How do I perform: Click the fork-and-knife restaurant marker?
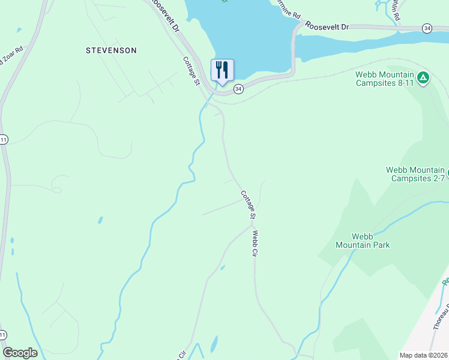click(x=222, y=71)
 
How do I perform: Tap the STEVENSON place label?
click(x=111, y=50)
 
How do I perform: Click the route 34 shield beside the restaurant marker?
click(x=238, y=89)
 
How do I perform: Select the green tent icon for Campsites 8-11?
click(x=423, y=77)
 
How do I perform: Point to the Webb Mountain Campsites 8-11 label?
click(x=385, y=79)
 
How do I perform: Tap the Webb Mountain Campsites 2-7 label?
click(x=415, y=174)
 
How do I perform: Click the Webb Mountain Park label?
click(x=363, y=240)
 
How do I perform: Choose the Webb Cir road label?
click(x=256, y=244)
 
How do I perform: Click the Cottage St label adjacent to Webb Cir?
click(x=249, y=205)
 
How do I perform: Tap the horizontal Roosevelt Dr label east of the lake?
click(x=327, y=27)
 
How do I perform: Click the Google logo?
click(x=20, y=353)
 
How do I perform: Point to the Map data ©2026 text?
click(x=423, y=355)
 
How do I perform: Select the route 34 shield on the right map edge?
click(x=427, y=28)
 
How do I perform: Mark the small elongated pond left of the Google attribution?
click(x=214, y=344)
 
